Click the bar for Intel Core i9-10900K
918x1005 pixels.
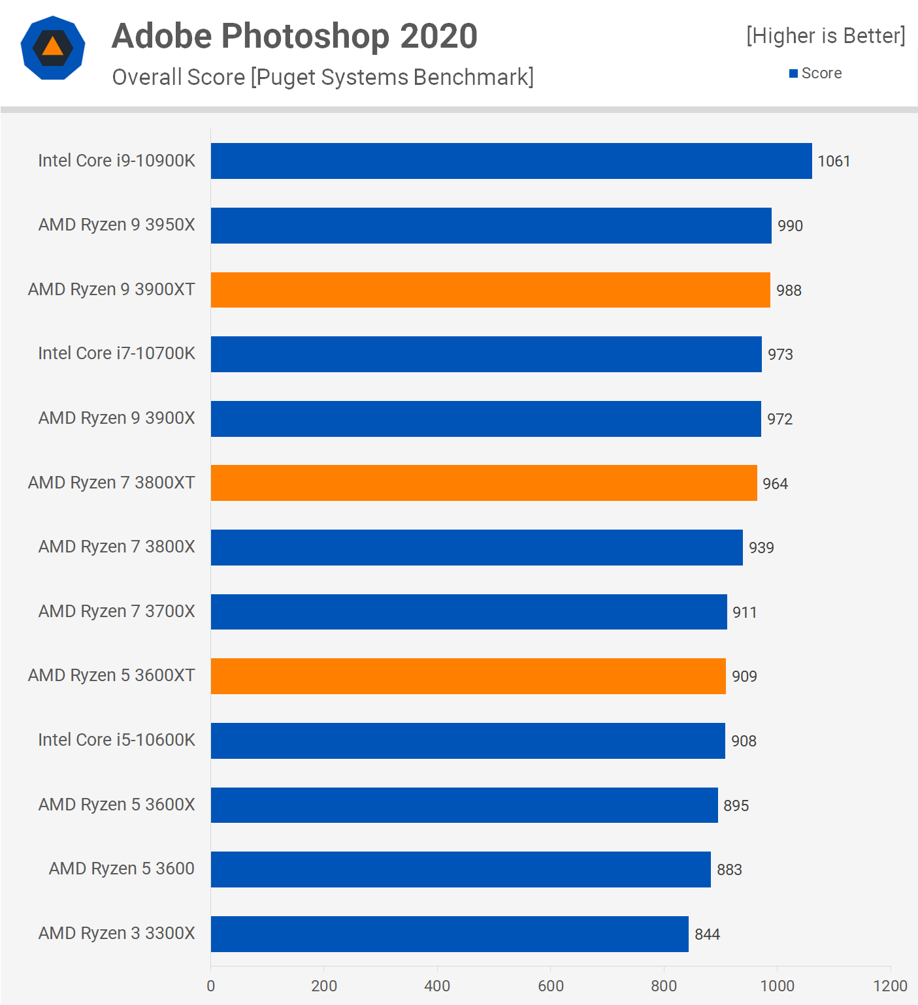click(511, 161)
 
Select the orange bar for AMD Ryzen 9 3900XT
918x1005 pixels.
click(490, 290)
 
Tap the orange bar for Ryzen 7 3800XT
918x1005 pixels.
click(484, 483)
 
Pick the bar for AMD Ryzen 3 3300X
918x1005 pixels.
click(450, 934)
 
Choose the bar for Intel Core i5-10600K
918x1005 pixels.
click(468, 741)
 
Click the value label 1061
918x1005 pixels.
click(834, 161)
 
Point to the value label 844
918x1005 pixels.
click(707, 934)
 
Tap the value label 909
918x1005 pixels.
click(744, 677)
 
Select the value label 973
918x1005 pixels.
click(780, 355)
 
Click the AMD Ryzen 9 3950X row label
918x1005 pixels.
click(116, 225)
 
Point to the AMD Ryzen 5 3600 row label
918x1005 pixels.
click(122, 869)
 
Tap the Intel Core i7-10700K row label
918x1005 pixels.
click(116, 353)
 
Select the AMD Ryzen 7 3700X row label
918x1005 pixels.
click(116, 611)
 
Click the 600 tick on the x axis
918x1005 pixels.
click(550, 985)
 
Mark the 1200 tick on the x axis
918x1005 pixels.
click(890, 985)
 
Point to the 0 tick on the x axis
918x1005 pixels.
click(210, 985)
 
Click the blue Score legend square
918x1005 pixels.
click(793, 73)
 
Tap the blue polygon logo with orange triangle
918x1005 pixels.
click(53, 48)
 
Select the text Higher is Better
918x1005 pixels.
click(826, 35)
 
